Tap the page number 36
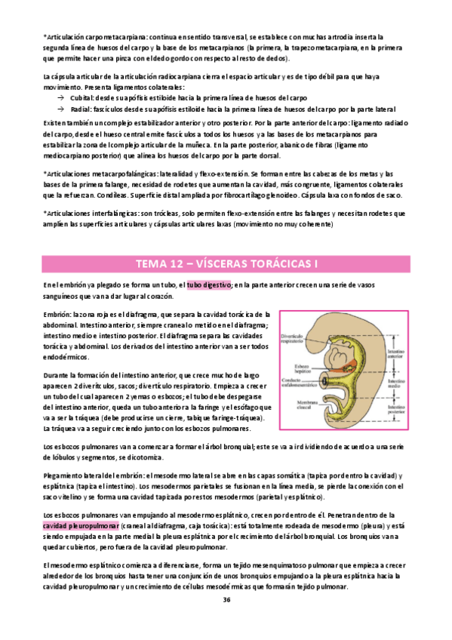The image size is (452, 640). [x=226, y=599]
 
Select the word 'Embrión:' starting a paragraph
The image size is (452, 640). [x=57, y=313]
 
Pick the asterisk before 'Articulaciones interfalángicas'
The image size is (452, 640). [x=45, y=214]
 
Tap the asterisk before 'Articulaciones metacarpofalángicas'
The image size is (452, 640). [x=45, y=174]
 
